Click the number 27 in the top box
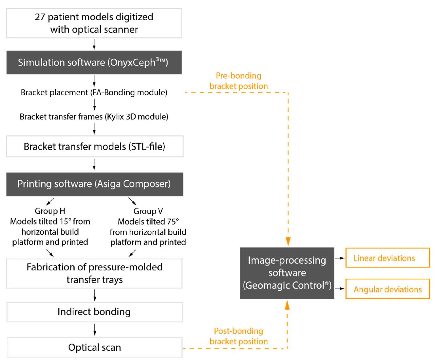(40, 17)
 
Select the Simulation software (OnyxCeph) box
(94, 63)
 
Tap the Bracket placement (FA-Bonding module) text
(94, 92)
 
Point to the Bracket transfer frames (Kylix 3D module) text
(94, 117)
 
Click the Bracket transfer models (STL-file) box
(95, 146)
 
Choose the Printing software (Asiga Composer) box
(95, 184)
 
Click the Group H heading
(50, 211)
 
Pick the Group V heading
(148, 211)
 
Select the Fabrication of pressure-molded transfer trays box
(94, 273)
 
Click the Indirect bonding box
(94, 312)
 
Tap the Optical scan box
(94, 348)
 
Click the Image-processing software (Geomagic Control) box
(287, 273)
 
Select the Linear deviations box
(387, 258)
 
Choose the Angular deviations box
(387, 289)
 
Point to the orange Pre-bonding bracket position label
(239, 81)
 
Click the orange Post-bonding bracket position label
(239, 336)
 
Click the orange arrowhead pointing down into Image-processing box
(288, 241)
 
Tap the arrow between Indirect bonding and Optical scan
(95, 330)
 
